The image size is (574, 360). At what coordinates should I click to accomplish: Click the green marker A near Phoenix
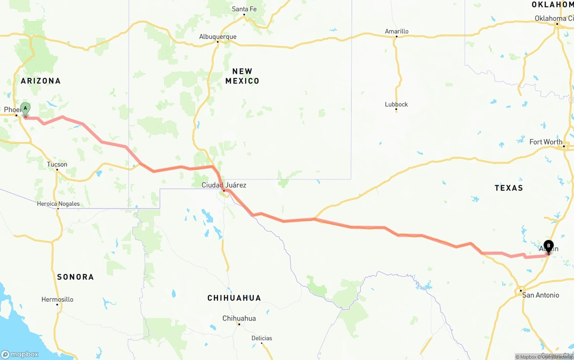(x=25, y=109)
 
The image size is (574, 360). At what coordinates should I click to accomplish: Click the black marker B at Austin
(x=548, y=246)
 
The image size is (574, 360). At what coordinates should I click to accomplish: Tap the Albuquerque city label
(x=217, y=37)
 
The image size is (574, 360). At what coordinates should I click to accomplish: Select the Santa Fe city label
(x=244, y=9)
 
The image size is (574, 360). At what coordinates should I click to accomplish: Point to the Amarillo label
(x=396, y=31)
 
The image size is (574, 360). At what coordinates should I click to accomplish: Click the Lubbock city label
(x=396, y=104)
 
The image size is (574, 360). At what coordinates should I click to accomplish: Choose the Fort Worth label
(x=546, y=142)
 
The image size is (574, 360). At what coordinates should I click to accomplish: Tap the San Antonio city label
(x=540, y=295)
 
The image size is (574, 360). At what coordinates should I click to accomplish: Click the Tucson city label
(x=57, y=165)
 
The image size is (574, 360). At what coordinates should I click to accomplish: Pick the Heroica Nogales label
(x=58, y=204)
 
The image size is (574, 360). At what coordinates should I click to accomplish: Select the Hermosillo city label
(x=57, y=299)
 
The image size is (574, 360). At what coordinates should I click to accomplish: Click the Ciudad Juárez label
(x=224, y=185)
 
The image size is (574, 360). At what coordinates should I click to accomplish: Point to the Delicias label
(x=262, y=338)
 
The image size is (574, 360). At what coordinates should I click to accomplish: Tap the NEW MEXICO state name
(x=242, y=76)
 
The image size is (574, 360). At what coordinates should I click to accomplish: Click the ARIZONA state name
(x=40, y=81)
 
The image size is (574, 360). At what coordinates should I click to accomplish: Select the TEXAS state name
(x=509, y=188)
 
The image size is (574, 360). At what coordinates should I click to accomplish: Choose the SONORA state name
(x=75, y=277)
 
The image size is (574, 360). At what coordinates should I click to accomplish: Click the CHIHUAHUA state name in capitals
(x=234, y=298)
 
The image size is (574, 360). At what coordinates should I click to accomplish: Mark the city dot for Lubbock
(x=396, y=111)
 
